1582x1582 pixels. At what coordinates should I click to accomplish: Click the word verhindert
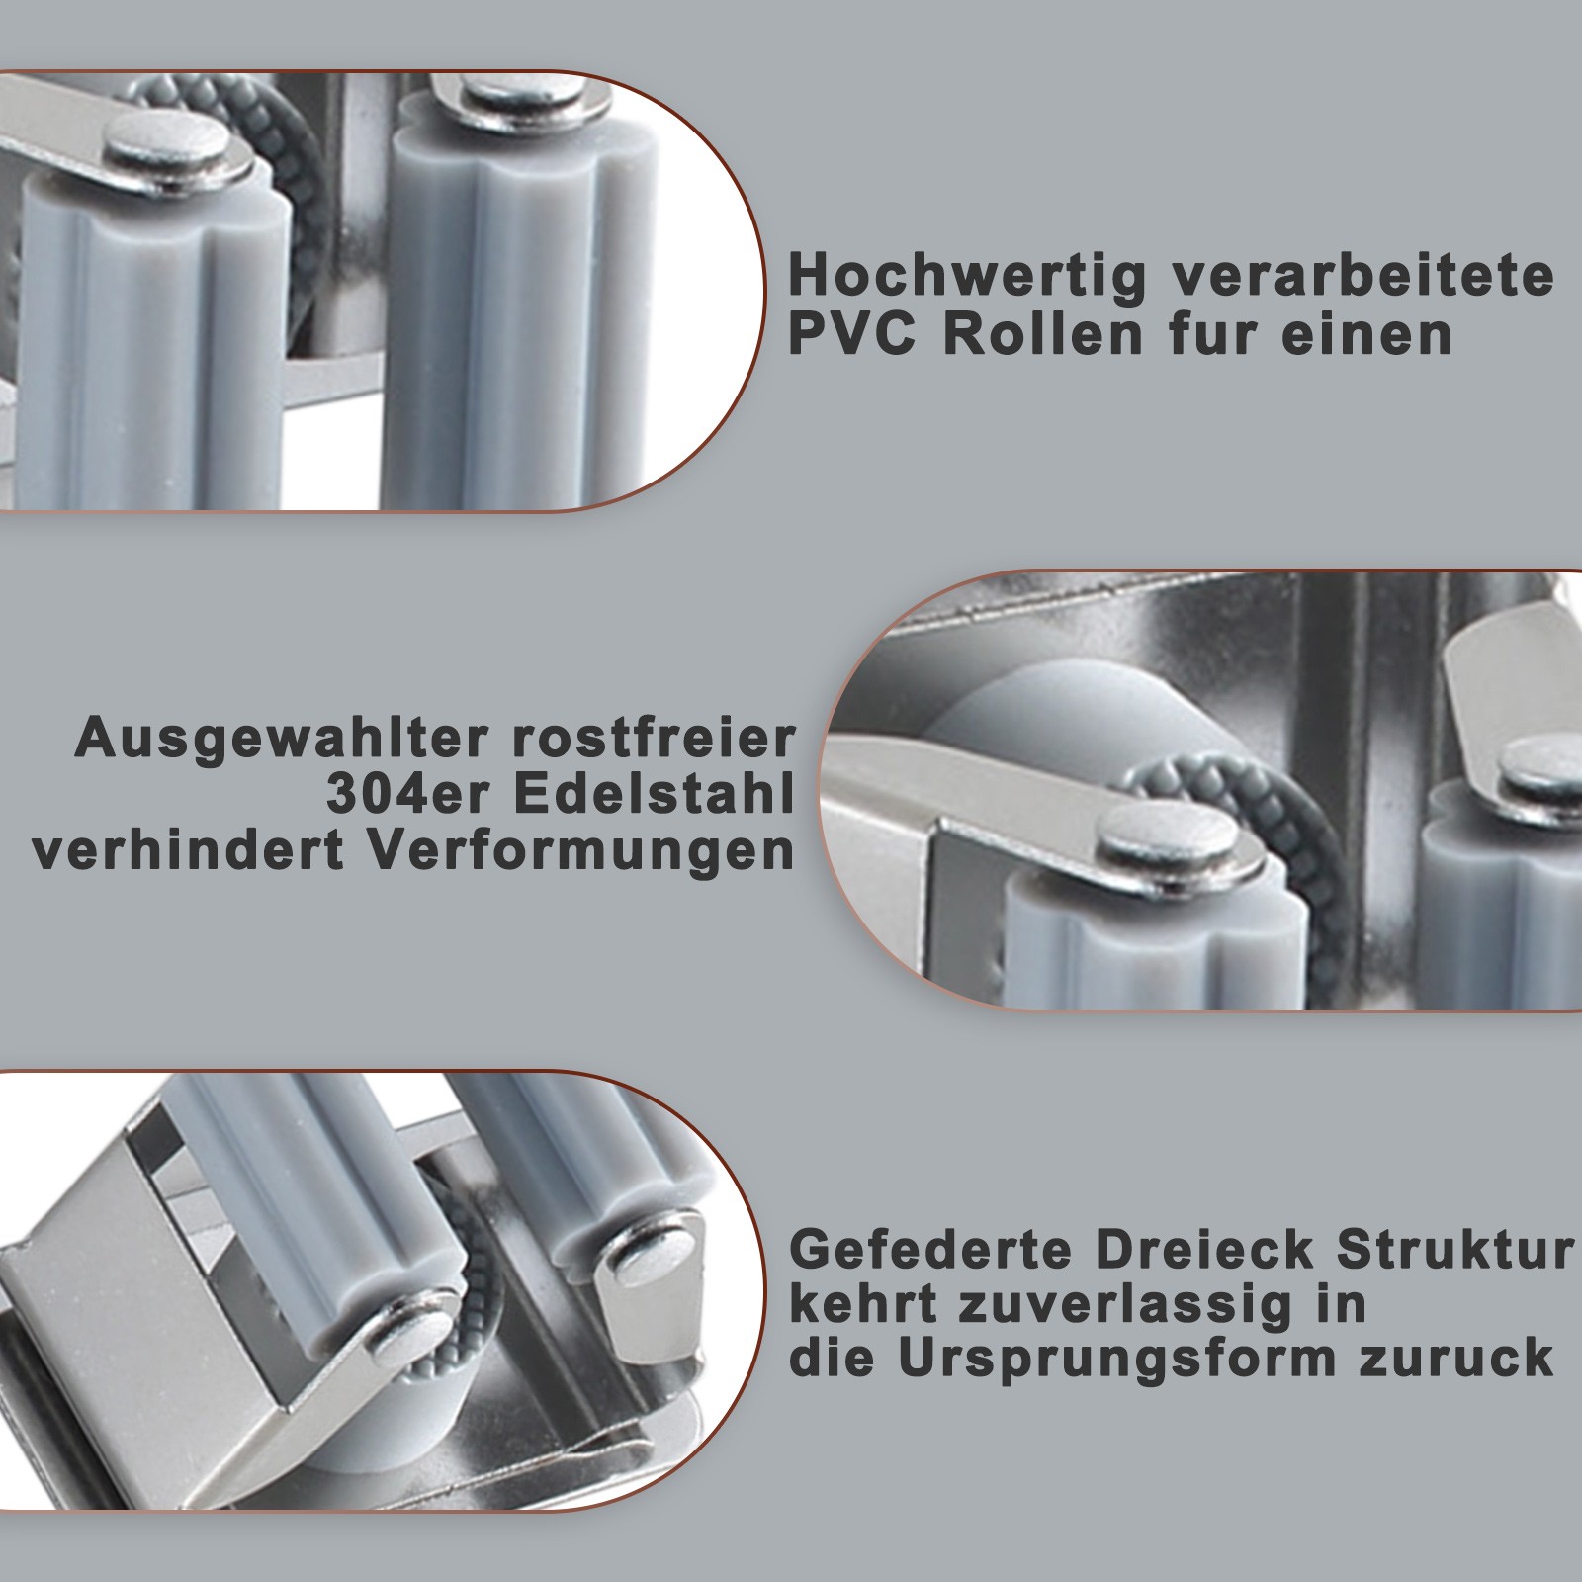click(188, 853)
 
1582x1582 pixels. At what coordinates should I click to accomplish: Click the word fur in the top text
click(1213, 334)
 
